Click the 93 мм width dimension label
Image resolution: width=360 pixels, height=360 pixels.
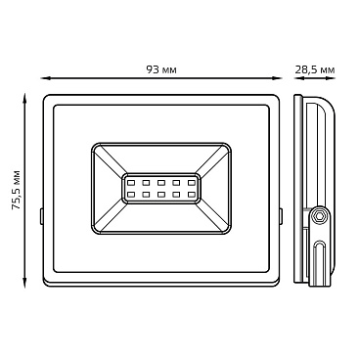click(x=161, y=69)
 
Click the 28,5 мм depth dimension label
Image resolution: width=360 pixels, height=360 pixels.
click(x=315, y=69)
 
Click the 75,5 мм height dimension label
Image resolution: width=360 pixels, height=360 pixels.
click(x=16, y=190)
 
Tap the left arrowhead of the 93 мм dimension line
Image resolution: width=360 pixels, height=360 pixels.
click(x=45, y=78)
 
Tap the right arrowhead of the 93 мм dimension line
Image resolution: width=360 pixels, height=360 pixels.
click(x=277, y=78)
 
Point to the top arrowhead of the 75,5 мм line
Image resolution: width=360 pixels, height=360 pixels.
click(x=24, y=98)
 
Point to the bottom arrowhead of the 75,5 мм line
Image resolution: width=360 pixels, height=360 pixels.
click(x=24, y=284)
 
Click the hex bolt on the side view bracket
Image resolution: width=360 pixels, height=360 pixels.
click(x=319, y=215)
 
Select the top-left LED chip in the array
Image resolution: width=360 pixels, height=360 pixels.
click(x=131, y=183)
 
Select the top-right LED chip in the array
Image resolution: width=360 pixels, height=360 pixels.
click(x=192, y=183)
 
